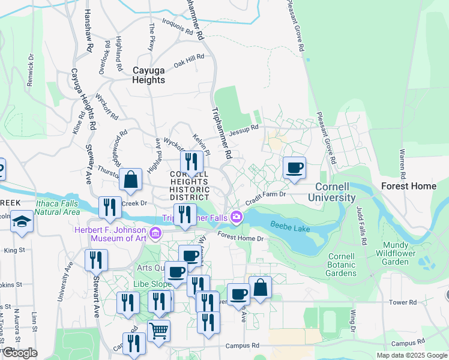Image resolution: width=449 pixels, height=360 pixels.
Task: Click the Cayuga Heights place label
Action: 149,75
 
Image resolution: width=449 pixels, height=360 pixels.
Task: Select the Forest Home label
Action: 409,186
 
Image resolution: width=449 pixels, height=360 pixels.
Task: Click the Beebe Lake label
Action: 289,226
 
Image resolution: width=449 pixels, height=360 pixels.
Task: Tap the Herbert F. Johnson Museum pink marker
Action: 155,232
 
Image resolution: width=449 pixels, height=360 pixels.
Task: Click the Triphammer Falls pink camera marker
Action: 237,217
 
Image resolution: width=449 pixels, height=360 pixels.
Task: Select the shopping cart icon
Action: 158,330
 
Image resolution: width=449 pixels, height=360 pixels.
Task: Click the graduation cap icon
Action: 22,221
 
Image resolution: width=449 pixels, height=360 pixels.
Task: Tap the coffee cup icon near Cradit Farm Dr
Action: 294,168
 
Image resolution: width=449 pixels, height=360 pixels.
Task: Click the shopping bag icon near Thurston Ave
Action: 130,179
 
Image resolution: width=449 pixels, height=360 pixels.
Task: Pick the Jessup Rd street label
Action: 244,128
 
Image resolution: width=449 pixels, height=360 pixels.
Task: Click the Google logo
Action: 19,353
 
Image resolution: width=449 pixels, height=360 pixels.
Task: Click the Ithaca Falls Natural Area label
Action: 58,208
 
